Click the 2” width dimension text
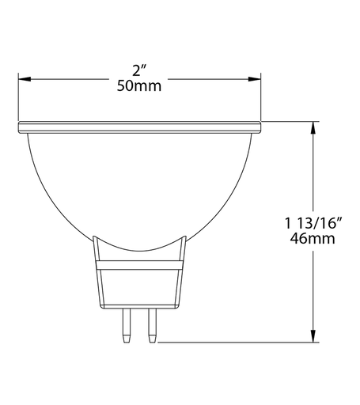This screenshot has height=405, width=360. [x=139, y=70]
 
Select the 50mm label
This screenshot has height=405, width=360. [x=139, y=85]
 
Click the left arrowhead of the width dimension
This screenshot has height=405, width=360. [x=24, y=78]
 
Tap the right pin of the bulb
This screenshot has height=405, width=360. [x=150, y=325]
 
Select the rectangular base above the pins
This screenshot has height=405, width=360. [x=139, y=286]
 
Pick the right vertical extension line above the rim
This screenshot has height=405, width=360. [x=260, y=95]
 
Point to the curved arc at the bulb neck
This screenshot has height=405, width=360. [x=139, y=248]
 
